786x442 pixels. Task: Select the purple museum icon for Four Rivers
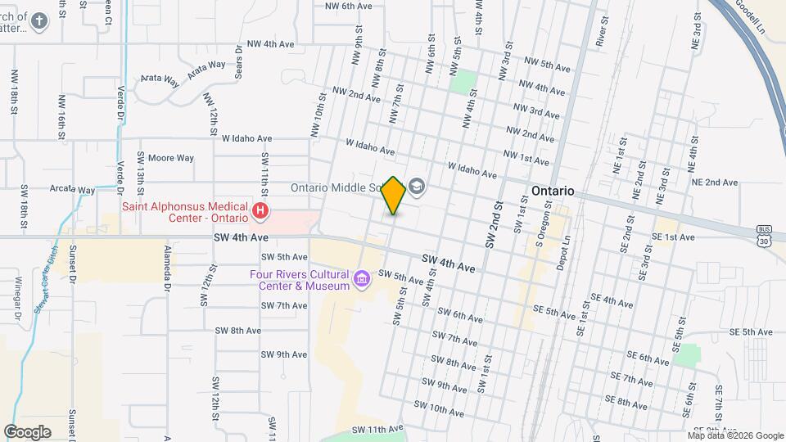coord(360,280)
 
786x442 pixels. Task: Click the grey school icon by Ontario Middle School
coord(418,187)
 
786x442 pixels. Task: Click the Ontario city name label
coord(553,191)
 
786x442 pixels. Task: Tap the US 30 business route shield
coord(765,235)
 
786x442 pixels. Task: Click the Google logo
coord(27,431)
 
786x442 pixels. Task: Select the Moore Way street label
coord(170,158)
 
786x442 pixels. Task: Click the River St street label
coord(602,29)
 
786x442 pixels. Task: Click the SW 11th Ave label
coord(378,429)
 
